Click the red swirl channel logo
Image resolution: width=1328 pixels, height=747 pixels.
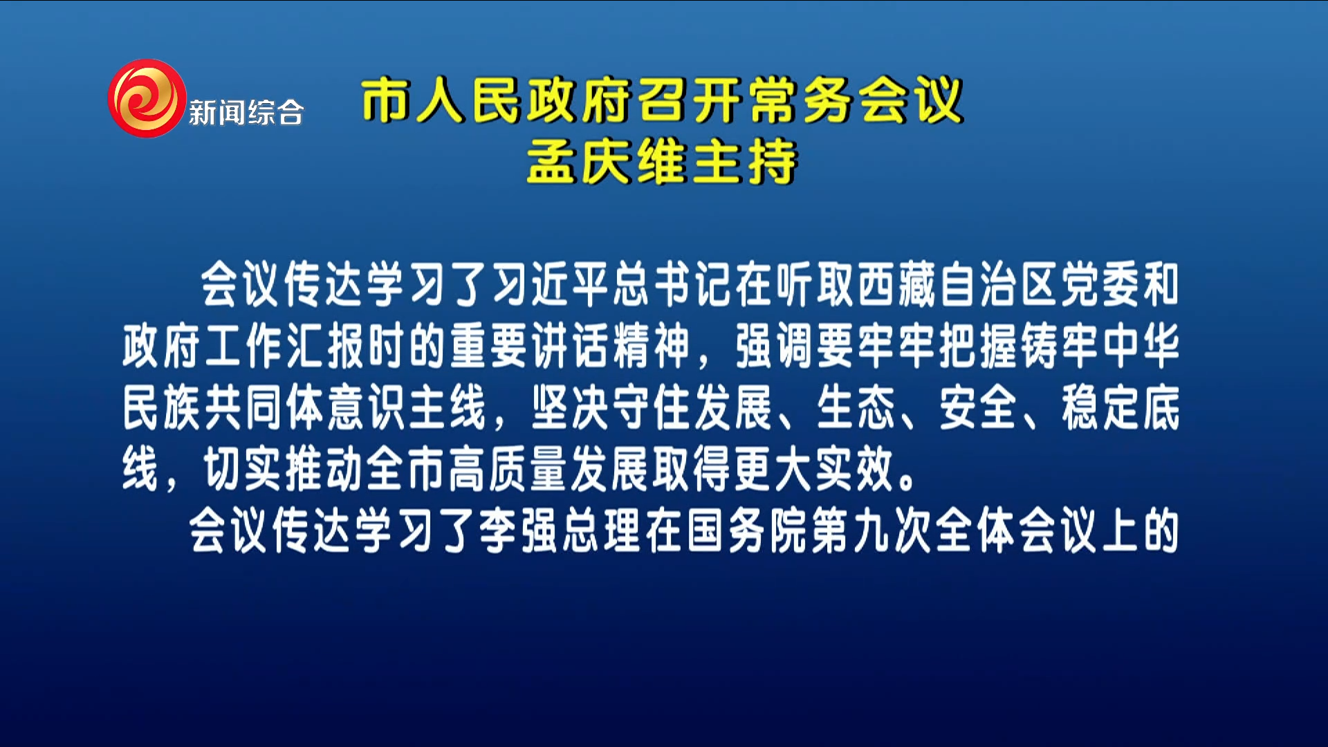tap(147, 98)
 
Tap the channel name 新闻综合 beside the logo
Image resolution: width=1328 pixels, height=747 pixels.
tap(246, 113)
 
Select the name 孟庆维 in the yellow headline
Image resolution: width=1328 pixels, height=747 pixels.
tap(607, 162)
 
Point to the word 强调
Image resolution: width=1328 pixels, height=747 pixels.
tap(775, 345)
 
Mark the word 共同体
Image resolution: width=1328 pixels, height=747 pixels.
tap(265, 407)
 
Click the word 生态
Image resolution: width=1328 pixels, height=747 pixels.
tap(856, 407)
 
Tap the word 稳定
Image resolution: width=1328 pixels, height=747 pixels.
tap(1101, 407)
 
